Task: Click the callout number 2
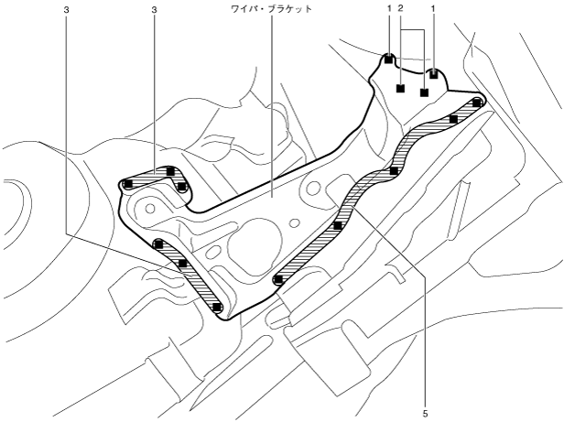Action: [x=401, y=6]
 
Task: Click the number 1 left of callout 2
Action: [x=389, y=6]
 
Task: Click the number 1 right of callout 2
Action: [x=433, y=6]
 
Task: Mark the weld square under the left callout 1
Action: [x=389, y=60]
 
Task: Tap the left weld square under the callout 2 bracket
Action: [x=400, y=89]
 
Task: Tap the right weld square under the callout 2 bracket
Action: [x=424, y=92]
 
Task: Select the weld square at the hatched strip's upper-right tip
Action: [x=477, y=103]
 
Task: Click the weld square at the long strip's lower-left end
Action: [x=277, y=279]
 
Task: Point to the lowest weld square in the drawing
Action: [x=217, y=308]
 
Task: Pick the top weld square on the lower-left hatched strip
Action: [x=158, y=244]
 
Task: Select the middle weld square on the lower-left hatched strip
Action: [x=183, y=264]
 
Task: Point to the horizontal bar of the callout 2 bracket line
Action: [x=412, y=30]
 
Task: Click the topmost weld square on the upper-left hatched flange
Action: [x=170, y=171]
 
